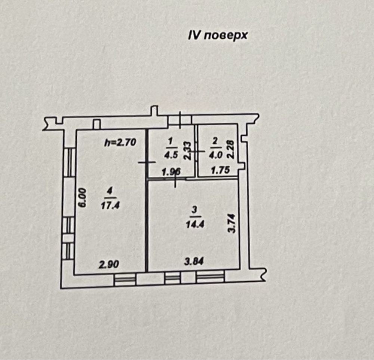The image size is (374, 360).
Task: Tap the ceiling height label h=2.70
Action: click(120, 143)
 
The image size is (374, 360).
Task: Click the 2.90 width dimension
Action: click(109, 265)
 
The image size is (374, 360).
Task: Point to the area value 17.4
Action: click(110, 205)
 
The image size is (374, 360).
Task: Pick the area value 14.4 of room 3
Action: click(195, 225)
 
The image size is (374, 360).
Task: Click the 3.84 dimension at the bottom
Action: click(194, 262)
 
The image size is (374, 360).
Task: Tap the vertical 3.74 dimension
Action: click(232, 223)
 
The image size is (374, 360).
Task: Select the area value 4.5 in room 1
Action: click(171, 155)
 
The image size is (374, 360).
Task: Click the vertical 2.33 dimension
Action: click(187, 151)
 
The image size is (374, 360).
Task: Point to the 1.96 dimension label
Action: click(171, 172)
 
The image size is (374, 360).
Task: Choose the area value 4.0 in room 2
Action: click(216, 155)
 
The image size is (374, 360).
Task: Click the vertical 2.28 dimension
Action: click(231, 150)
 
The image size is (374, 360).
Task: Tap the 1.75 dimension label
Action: click(220, 170)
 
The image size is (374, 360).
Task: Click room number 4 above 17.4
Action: click(110, 191)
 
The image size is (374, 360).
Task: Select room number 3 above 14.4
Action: click(194, 210)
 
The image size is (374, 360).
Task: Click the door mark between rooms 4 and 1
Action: click(147, 162)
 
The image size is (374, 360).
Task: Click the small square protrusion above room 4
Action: click(96, 124)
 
